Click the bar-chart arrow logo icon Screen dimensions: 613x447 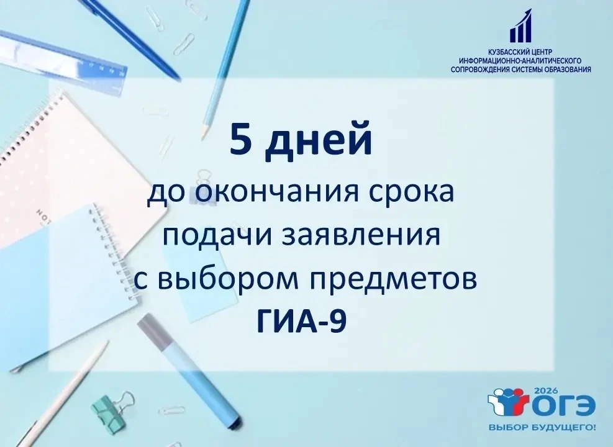(x=521, y=25)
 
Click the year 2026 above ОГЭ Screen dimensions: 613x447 (x=542, y=391)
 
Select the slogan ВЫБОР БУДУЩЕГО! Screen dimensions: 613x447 (x=543, y=428)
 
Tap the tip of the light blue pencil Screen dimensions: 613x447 (x=202, y=138)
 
